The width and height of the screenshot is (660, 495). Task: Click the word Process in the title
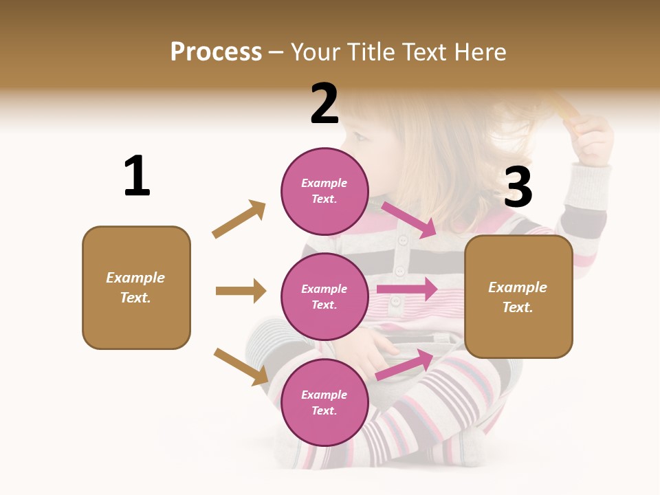(216, 52)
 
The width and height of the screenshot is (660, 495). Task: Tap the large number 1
(137, 176)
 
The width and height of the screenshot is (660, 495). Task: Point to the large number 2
(324, 104)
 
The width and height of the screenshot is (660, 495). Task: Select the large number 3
(518, 187)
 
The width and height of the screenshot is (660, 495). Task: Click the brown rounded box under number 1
(136, 287)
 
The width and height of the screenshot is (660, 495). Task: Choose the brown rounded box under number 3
(518, 297)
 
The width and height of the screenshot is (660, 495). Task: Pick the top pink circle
(324, 190)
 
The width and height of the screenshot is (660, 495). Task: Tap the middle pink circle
(324, 296)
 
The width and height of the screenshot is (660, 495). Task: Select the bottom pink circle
(324, 402)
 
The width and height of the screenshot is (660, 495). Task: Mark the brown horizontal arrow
(241, 291)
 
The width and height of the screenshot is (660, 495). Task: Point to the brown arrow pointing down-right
(241, 366)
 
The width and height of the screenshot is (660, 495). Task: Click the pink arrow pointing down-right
(410, 219)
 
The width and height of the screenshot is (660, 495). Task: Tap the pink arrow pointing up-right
(405, 365)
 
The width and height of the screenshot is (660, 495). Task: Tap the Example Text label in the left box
(136, 287)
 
